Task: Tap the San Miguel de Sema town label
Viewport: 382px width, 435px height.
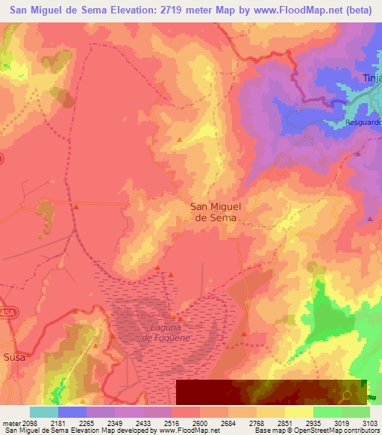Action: (215, 212)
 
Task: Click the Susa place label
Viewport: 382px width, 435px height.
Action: (14, 357)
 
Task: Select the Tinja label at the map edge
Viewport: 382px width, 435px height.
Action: (372, 78)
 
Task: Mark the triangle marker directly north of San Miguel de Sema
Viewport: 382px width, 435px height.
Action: (179, 140)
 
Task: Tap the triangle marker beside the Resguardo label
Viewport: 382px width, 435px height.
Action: (357, 153)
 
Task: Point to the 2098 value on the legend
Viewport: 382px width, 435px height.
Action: (31, 424)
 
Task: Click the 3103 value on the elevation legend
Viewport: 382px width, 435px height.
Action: (369, 424)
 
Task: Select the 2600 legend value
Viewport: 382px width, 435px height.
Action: (200, 424)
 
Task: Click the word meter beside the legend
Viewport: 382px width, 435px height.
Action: (11, 424)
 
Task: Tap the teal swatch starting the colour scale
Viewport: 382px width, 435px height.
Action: (44, 412)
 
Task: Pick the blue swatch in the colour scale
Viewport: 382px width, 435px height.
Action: (72, 412)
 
